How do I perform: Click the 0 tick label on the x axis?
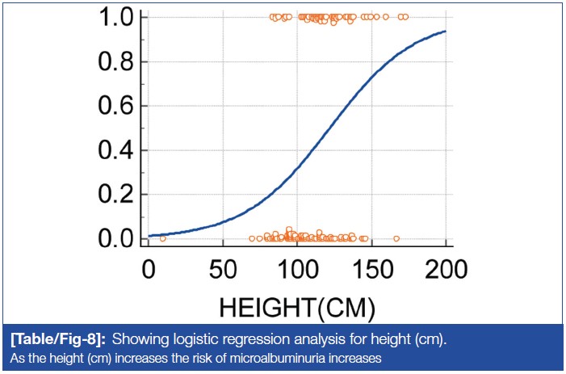pos(149,267)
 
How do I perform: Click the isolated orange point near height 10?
pos(163,238)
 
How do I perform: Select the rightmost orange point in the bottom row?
pos(396,238)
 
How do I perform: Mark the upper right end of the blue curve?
pos(446,32)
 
